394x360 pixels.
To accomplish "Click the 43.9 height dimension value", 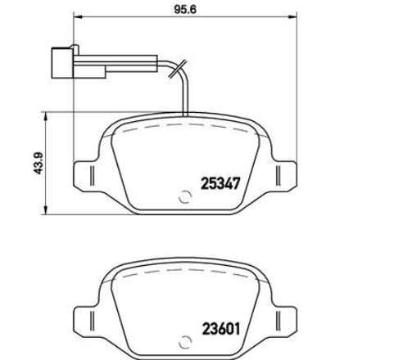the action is click(38, 163).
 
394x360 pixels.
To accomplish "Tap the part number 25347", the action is click(220, 183).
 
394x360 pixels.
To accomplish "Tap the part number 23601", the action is click(221, 329).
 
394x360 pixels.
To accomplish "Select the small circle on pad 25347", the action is click(185, 196).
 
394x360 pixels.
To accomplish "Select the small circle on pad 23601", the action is click(185, 342).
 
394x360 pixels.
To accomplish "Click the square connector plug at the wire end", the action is click(62, 63).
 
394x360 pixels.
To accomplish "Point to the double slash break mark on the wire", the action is click(178, 69).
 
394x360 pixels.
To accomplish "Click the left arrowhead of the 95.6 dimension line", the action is click(78, 17).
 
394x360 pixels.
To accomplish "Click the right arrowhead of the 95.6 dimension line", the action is click(292, 17).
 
